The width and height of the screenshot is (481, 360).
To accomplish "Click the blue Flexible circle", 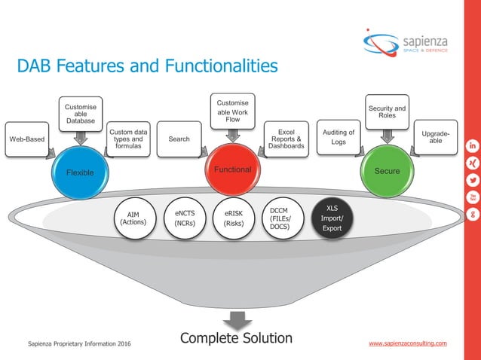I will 80,172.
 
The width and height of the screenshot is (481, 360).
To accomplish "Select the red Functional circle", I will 232,170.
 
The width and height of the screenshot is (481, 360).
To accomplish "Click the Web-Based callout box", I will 26,139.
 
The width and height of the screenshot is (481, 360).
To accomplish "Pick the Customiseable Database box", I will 81,114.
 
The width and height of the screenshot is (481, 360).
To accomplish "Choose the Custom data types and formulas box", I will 127,139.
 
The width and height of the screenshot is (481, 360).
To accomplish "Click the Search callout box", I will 179,139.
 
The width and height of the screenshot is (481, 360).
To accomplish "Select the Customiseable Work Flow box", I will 232,111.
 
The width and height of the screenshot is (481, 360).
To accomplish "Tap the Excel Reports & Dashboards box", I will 286,139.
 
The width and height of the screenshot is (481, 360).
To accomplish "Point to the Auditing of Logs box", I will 339,137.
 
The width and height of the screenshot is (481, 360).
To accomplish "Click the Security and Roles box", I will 387,113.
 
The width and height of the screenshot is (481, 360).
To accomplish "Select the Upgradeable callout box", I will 436,138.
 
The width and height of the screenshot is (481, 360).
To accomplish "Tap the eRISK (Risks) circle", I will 233,218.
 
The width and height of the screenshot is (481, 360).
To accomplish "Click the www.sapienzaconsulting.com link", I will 407,343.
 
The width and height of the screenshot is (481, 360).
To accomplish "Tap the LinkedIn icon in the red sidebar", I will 472,145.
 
